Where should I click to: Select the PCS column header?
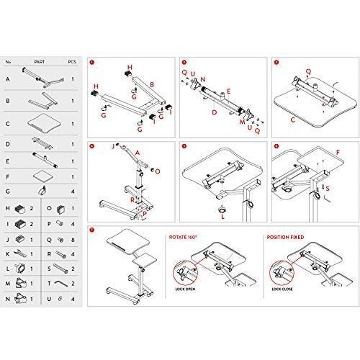(73, 62)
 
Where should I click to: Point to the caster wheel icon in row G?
(42, 191)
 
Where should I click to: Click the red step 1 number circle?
(93, 63)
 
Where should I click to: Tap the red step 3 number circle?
(276, 63)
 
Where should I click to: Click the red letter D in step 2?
(214, 113)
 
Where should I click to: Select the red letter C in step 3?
(293, 120)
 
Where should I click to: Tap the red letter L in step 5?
(222, 215)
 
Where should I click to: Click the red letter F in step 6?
(338, 152)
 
